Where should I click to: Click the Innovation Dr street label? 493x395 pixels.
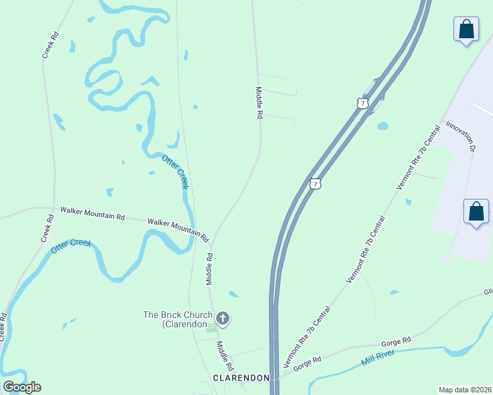[x=460, y=136]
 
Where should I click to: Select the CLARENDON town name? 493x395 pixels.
[x=241, y=378]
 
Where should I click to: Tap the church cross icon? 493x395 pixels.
[x=223, y=319]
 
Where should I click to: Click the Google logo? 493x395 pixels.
[x=22, y=387]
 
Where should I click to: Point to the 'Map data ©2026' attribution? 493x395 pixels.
[x=464, y=390]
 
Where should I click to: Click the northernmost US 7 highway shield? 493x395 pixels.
[x=362, y=103]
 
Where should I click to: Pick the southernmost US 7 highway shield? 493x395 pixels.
[x=316, y=184]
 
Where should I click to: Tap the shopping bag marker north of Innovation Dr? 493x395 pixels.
[x=466, y=30]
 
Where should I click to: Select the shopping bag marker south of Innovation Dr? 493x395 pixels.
[x=476, y=212]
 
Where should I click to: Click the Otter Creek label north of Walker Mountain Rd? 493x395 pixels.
[x=175, y=172]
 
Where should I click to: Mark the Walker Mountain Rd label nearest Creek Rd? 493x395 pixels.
[x=92, y=213]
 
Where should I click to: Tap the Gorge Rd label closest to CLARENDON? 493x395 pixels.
[x=307, y=361]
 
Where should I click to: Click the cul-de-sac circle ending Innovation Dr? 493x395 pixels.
[x=448, y=257]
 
